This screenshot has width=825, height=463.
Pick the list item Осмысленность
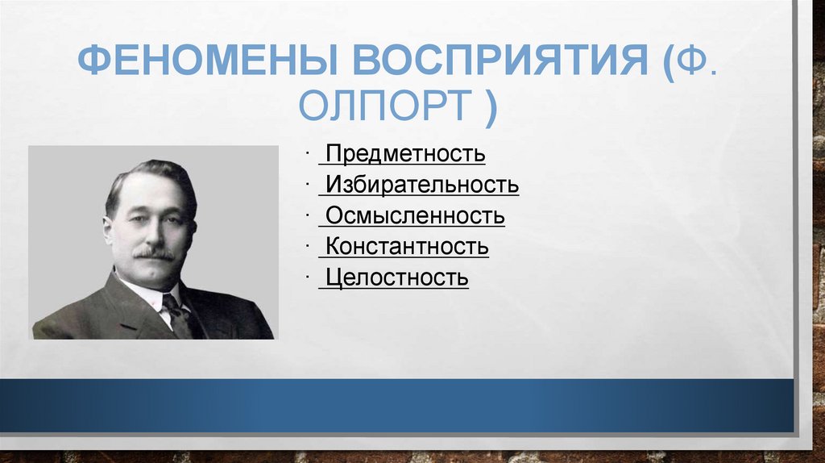tap(415, 216)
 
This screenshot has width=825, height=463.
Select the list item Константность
tap(407, 247)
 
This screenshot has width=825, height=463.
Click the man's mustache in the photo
tap(153, 254)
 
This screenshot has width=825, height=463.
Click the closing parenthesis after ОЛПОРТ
tap(490, 106)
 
